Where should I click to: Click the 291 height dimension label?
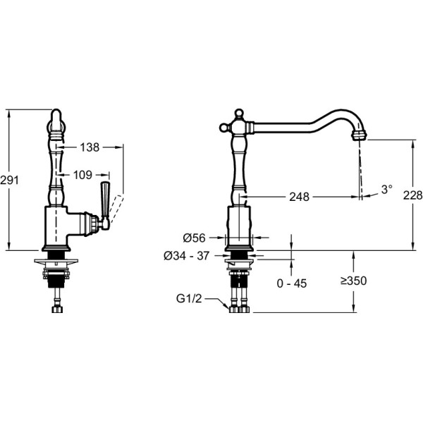(10, 180)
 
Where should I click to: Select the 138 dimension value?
(90, 147)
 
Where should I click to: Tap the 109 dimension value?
(82, 175)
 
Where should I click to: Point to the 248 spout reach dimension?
(299, 197)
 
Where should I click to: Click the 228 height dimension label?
(412, 195)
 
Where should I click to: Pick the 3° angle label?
(386, 190)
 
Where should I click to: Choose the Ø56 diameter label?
(194, 238)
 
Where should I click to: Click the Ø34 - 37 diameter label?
(186, 256)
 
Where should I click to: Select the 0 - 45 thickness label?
(292, 283)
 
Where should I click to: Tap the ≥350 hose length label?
(353, 281)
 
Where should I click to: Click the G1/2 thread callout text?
(189, 299)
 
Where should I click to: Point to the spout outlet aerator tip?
(360, 135)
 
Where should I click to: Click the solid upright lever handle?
(104, 199)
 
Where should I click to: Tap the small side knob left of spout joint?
(223, 128)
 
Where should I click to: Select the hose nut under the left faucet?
(57, 309)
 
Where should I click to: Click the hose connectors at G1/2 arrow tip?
(240, 309)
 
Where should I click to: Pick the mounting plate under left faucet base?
(56, 261)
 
